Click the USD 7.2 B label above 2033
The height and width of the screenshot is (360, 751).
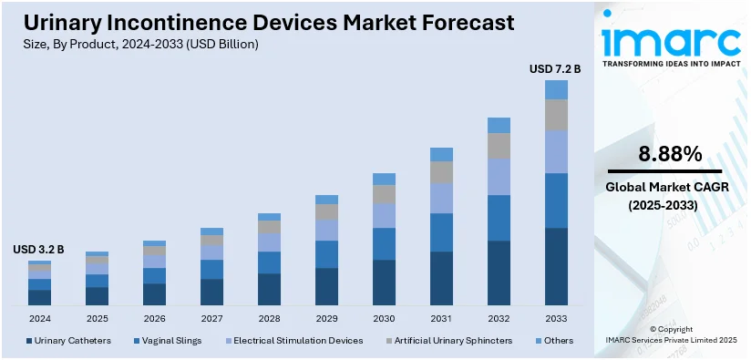coord(555,69)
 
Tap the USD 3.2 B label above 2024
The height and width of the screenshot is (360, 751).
coord(38,250)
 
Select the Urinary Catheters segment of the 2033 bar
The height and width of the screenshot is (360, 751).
coord(556,267)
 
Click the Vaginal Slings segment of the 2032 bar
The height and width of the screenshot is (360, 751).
coord(499,218)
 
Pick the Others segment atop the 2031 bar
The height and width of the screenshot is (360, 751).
coord(441,154)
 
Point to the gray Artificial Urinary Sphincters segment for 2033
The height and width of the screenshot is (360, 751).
coord(556,115)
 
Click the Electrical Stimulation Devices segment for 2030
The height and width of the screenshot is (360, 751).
coord(384,216)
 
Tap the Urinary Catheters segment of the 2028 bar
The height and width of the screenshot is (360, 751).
coord(269,289)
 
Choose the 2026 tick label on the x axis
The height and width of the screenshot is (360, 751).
coord(154,319)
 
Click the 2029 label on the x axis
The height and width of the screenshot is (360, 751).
coord(326,319)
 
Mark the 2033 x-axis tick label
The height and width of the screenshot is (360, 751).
coord(556,319)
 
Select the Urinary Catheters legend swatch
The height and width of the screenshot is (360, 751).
coord(29,341)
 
